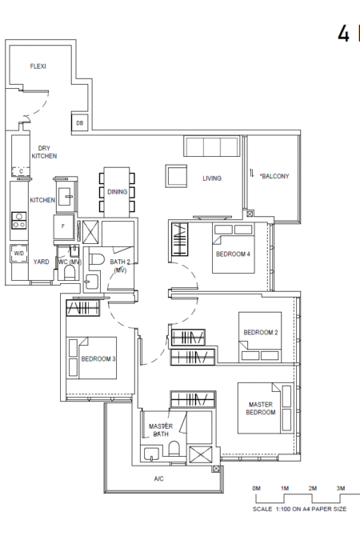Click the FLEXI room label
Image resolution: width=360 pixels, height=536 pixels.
(38, 66)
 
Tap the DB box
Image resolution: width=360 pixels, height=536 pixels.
(80, 122)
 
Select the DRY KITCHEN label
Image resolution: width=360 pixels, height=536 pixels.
(44, 152)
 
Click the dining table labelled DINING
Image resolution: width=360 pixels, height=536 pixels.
(117, 192)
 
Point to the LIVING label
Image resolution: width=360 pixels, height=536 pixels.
(212, 178)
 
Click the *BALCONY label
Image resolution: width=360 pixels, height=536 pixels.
(274, 176)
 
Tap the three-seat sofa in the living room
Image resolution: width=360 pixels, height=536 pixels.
(211, 146)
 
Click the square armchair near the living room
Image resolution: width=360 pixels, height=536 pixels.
(176, 176)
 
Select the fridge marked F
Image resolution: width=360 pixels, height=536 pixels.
(63, 226)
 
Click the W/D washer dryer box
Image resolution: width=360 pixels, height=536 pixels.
(19, 254)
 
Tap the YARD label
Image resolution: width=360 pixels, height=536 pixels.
(41, 262)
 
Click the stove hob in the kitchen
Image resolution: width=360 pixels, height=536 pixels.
(19, 221)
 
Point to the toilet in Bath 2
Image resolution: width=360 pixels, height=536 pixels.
(97, 258)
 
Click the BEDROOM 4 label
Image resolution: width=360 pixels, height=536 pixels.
(233, 254)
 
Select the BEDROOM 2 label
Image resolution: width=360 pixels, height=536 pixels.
(261, 332)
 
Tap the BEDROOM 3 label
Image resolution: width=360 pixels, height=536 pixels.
(98, 359)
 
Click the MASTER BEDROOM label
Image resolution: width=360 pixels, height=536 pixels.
(261, 409)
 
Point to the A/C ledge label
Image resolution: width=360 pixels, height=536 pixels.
(158, 479)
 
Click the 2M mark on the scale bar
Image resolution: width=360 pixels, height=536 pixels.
(313, 489)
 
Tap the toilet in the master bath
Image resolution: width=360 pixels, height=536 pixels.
(174, 448)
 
